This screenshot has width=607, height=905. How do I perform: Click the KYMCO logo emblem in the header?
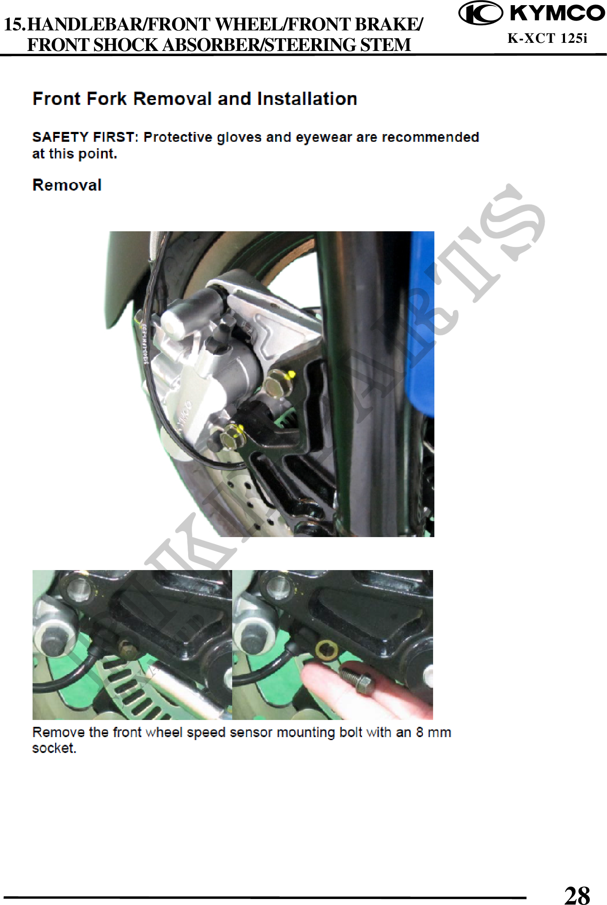tap(481, 13)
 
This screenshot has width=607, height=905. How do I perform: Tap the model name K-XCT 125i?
tap(547, 38)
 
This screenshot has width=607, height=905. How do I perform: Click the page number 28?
tap(577, 894)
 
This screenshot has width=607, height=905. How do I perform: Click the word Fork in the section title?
tap(106, 99)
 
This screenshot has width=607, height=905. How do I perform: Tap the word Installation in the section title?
tap(307, 99)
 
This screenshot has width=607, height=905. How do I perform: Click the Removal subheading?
tap(67, 185)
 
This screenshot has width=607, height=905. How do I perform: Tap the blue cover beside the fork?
tap(421, 326)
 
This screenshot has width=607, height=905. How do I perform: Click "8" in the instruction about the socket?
tap(419, 732)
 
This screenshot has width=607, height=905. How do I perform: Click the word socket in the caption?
tap(54, 748)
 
